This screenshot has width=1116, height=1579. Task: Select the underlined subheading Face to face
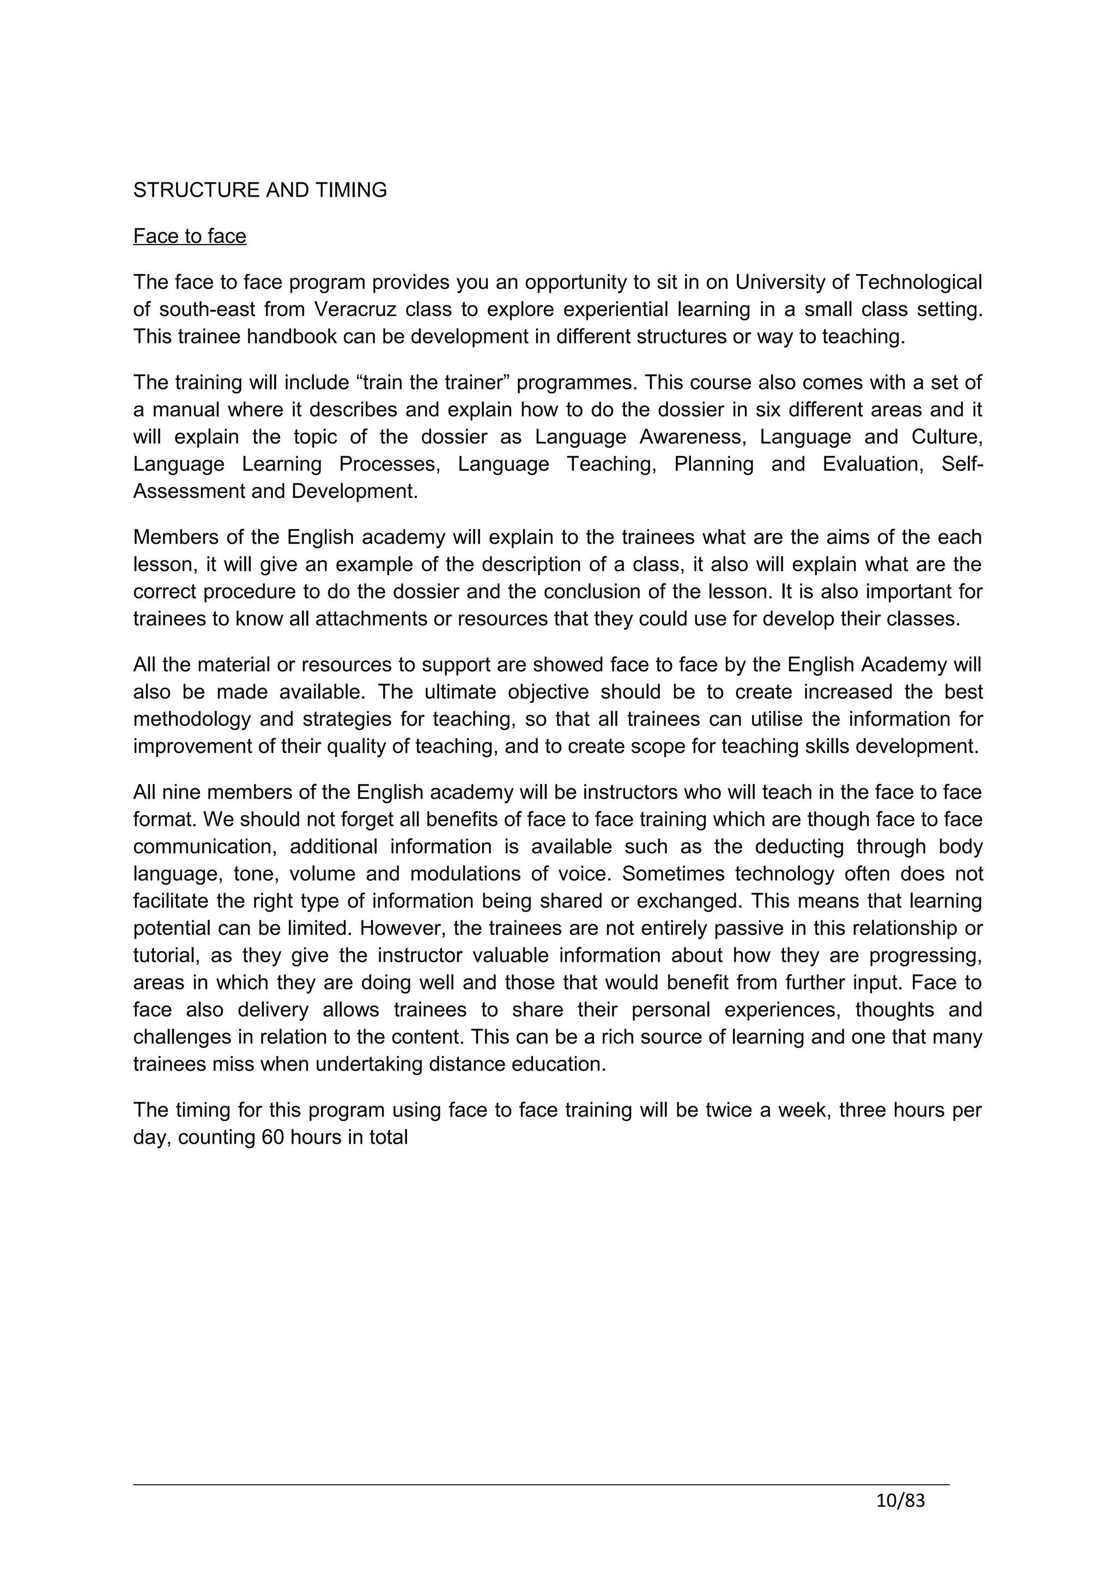click(190, 236)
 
